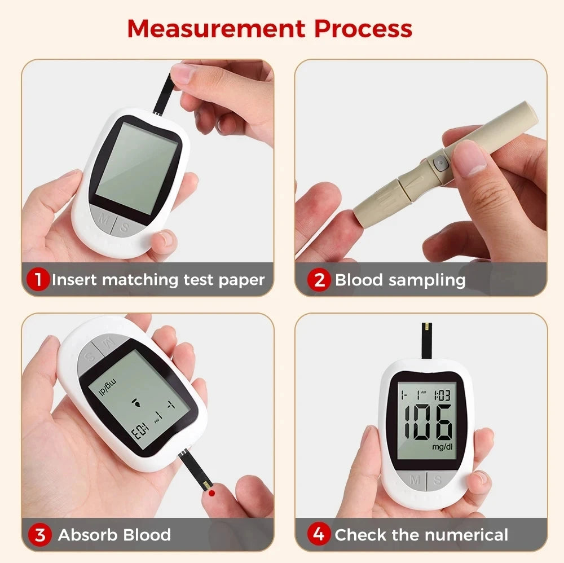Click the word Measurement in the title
click(x=215, y=29)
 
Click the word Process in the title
click(x=363, y=29)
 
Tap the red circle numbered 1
click(x=38, y=279)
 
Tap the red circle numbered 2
click(x=319, y=280)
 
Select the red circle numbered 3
click(x=40, y=534)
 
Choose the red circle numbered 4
click(x=319, y=534)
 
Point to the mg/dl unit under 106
click(x=442, y=447)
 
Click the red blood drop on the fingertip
click(x=211, y=492)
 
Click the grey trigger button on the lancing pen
click(x=438, y=164)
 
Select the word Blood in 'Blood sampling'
click(x=358, y=280)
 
